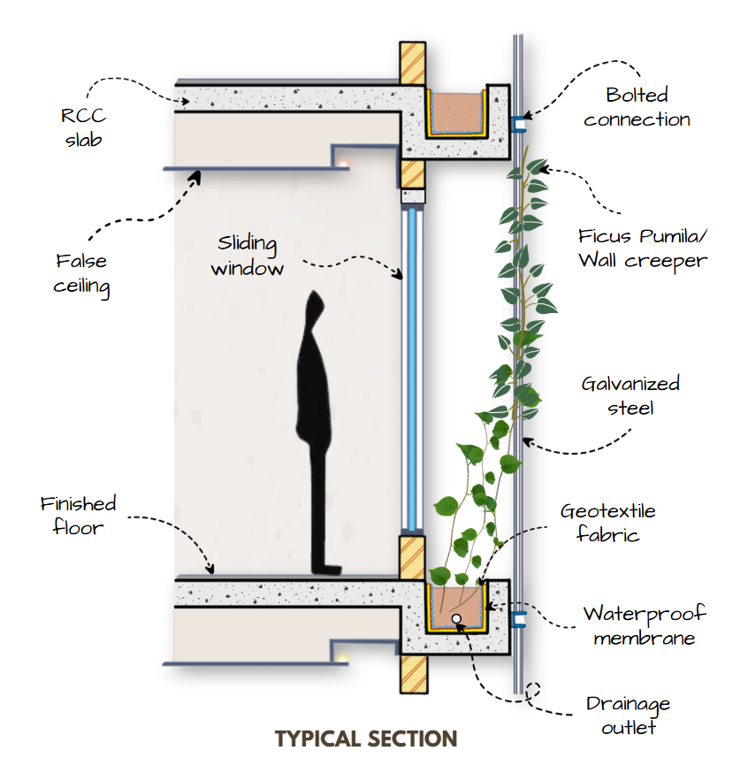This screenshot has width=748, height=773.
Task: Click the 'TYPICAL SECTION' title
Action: (x=366, y=739)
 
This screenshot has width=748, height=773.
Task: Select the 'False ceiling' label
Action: (x=81, y=274)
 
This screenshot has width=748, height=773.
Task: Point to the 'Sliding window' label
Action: (x=247, y=256)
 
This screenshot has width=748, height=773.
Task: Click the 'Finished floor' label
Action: (x=78, y=516)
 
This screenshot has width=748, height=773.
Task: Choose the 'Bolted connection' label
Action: (x=637, y=107)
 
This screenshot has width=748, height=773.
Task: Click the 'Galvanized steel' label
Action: (x=630, y=395)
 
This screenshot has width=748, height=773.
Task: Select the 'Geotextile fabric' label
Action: (x=607, y=523)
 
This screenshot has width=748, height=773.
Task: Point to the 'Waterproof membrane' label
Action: (x=631, y=625)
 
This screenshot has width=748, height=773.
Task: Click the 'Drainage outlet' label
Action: (x=629, y=716)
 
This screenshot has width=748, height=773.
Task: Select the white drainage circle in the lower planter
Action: (x=456, y=619)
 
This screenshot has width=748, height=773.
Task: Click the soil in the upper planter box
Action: (x=456, y=111)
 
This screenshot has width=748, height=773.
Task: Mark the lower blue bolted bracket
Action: (x=518, y=620)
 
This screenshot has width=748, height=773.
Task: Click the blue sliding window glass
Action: (x=410, y=371)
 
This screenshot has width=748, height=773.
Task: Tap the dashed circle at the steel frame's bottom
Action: (x=533, y=693)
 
